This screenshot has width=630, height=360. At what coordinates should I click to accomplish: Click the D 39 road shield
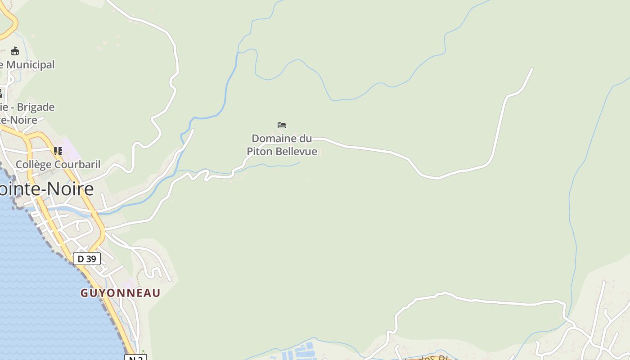[87, 259]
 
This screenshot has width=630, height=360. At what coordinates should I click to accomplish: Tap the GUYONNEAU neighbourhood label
[120, 293]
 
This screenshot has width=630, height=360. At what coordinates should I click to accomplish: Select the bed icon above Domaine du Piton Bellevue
[282, 125]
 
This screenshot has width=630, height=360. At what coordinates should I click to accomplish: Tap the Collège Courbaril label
[58, 164]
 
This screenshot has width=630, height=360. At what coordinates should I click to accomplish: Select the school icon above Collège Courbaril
[58, 151]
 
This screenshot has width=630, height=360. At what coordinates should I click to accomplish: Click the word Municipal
[30, 65]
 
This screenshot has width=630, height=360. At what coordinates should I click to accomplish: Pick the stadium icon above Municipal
[15, 51]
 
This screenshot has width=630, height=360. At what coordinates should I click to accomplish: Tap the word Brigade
[36, 107]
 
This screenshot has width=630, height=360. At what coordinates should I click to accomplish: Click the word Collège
[34, 164]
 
